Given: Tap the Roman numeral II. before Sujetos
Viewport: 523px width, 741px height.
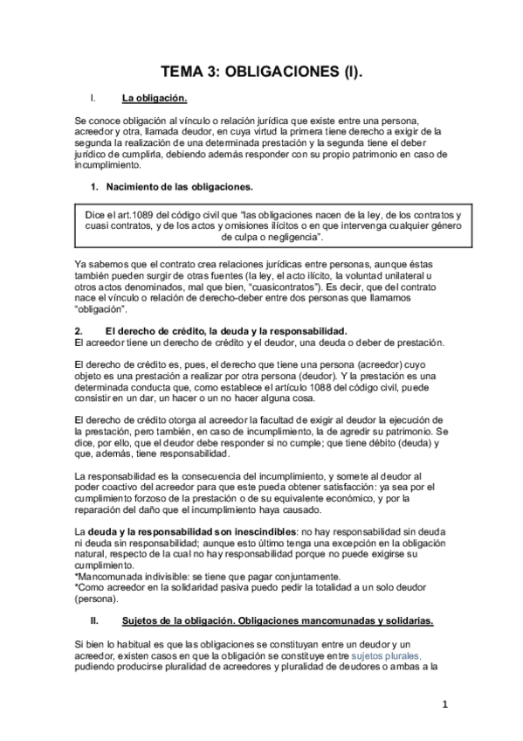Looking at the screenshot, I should pos(96,621).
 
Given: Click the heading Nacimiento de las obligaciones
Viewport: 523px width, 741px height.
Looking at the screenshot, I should pos(179,187).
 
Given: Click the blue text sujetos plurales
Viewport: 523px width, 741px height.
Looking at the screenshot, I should pos(386,655).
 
